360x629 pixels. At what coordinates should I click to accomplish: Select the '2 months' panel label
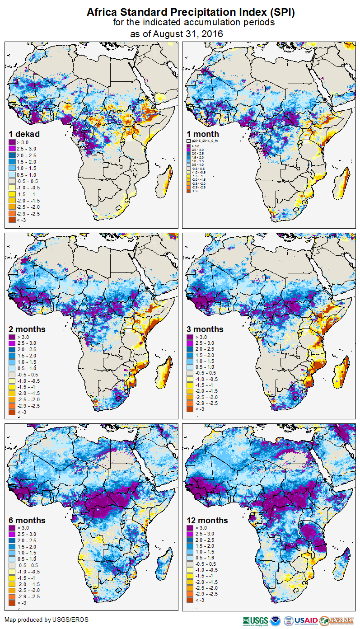click(x=27, y=329)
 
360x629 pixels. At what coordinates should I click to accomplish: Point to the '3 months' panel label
click(x=205, y=329)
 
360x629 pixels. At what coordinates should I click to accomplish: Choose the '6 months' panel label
click(x=27, y=520)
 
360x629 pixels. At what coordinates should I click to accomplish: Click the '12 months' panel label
click(x=207, y=520)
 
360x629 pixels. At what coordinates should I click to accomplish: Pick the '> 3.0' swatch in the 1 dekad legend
click(x=12, y=142)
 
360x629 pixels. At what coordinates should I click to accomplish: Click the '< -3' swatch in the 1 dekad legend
click(x=12, y=220)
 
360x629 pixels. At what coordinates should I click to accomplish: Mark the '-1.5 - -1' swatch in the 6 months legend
click(x=12, y=578)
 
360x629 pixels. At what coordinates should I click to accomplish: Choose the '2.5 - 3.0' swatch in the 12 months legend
click(x=190, y=534)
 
